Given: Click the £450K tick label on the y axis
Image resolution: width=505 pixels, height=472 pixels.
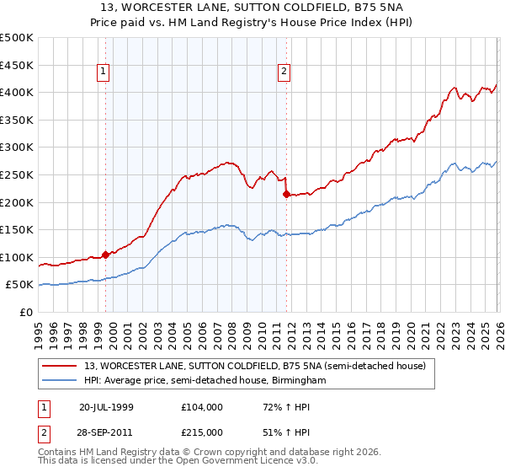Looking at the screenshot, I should tap(17, 65).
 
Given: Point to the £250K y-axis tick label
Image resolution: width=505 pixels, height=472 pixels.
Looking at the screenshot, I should tap(17, 174).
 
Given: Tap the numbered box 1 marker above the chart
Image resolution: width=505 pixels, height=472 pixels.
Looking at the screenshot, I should tap(103, 72).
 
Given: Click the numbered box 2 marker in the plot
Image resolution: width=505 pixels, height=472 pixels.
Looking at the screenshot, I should tap(284, 72).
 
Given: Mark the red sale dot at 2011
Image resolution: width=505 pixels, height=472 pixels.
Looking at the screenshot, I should tap(286, 194).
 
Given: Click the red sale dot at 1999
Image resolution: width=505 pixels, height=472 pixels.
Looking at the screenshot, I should tap(105, 255).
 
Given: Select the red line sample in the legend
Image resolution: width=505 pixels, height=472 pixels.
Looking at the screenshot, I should tap(61, 366).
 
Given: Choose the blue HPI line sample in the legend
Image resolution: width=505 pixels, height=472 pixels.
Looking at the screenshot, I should tap(61, 381).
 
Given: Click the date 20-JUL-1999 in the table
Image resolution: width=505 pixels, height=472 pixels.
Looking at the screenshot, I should tap(107, 407).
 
